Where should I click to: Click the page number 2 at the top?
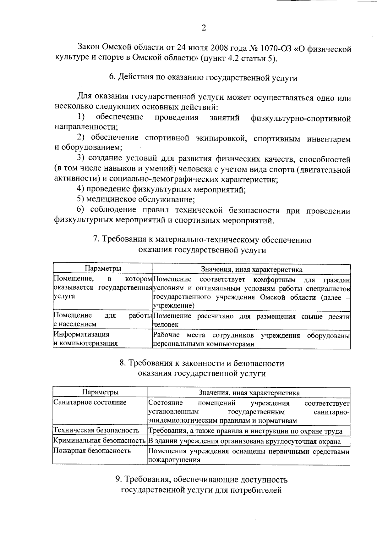click(x=204, y=28)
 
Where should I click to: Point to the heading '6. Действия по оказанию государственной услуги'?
click(x=203, y=78)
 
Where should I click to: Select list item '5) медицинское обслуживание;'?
click(x=136, y=199)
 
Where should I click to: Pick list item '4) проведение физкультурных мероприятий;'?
click(x=161, y=189)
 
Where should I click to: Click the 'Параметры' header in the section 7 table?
click(x=103, y=269)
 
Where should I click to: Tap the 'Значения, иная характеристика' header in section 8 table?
click(x=249, y=393)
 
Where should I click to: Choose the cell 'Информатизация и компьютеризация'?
click(x=85, y=339)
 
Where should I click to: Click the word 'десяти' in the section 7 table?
click(x=339, y=316)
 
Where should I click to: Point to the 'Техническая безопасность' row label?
click(x=96, y=430)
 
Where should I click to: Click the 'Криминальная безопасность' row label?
click(x=99, y=441)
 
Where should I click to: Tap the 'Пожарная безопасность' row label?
click(x=92, y=451)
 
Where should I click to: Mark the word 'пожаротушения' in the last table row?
click(x=174, y=460)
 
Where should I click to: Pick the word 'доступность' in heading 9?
click(x=264, y=480)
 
